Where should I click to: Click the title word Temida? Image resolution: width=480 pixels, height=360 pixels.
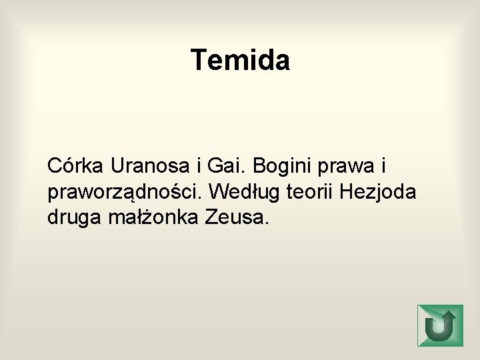(x=240, y=60)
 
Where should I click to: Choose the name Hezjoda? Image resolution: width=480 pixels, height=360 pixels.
(x=378, y=193)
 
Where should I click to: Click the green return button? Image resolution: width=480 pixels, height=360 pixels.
(x=439, y=325)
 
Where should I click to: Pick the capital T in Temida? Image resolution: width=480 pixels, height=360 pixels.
(x=199, y=60)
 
